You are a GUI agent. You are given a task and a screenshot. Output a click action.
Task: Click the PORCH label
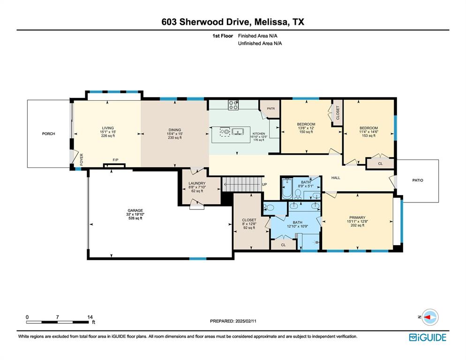(x=48, y=134)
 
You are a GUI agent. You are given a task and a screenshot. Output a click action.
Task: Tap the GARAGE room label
(x=135, y=210)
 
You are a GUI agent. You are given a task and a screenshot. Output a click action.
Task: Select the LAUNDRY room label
(x=197, y=183)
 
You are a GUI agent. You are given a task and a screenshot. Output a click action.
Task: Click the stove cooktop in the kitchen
(x=233, y=105)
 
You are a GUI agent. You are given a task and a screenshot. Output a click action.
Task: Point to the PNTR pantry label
(x=271, y=109)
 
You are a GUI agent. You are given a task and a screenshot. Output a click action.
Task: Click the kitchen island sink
(x=238, y=131)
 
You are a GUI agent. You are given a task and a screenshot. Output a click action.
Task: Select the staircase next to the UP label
(x=242, y=184)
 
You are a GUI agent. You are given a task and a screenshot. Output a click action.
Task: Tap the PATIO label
(x=418, y=180)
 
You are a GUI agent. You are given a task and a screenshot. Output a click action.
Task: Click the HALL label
(x=336, y=178)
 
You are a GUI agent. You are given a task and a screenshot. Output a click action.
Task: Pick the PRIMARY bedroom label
(x=357, y=217)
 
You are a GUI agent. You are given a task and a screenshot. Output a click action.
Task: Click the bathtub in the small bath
(x=287, y=188)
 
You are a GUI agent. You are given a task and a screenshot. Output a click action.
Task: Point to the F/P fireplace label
(x=116, y=160)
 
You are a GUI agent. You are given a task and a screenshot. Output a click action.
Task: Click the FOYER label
(x=82, y=160)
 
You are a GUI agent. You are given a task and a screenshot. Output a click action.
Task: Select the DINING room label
(x=175, y=130)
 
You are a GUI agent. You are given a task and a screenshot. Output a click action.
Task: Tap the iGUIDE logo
(x=428, y=337)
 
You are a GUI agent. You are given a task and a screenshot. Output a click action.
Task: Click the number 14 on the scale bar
(x=90, y=317)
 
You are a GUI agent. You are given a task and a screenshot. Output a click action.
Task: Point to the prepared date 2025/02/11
(x=246, y=321)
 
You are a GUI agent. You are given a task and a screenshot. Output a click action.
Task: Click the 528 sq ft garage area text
(x=135, y=218)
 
